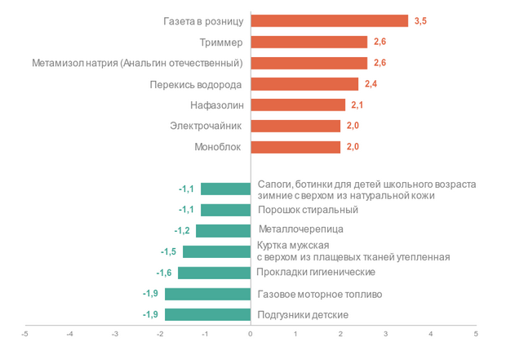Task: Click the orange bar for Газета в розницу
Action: [329, 21]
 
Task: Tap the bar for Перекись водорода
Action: [304, 84]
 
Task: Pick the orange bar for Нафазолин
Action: [298, 105]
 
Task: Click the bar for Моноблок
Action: [295, 148]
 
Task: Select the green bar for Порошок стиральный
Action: [226, 210]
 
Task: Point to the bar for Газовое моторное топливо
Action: [208, 294]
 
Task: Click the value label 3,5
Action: [420, 21]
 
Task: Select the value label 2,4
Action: [371, 84]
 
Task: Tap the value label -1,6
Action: [163, 273]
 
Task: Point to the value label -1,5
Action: [168, 251]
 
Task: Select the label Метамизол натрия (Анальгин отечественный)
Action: [137, 63]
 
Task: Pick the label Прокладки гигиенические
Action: [316, 272]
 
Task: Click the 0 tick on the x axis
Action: [251, 333]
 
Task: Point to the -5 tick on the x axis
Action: [25, 333]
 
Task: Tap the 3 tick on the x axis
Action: [386, 333]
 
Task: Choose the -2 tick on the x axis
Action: [160, 333]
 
